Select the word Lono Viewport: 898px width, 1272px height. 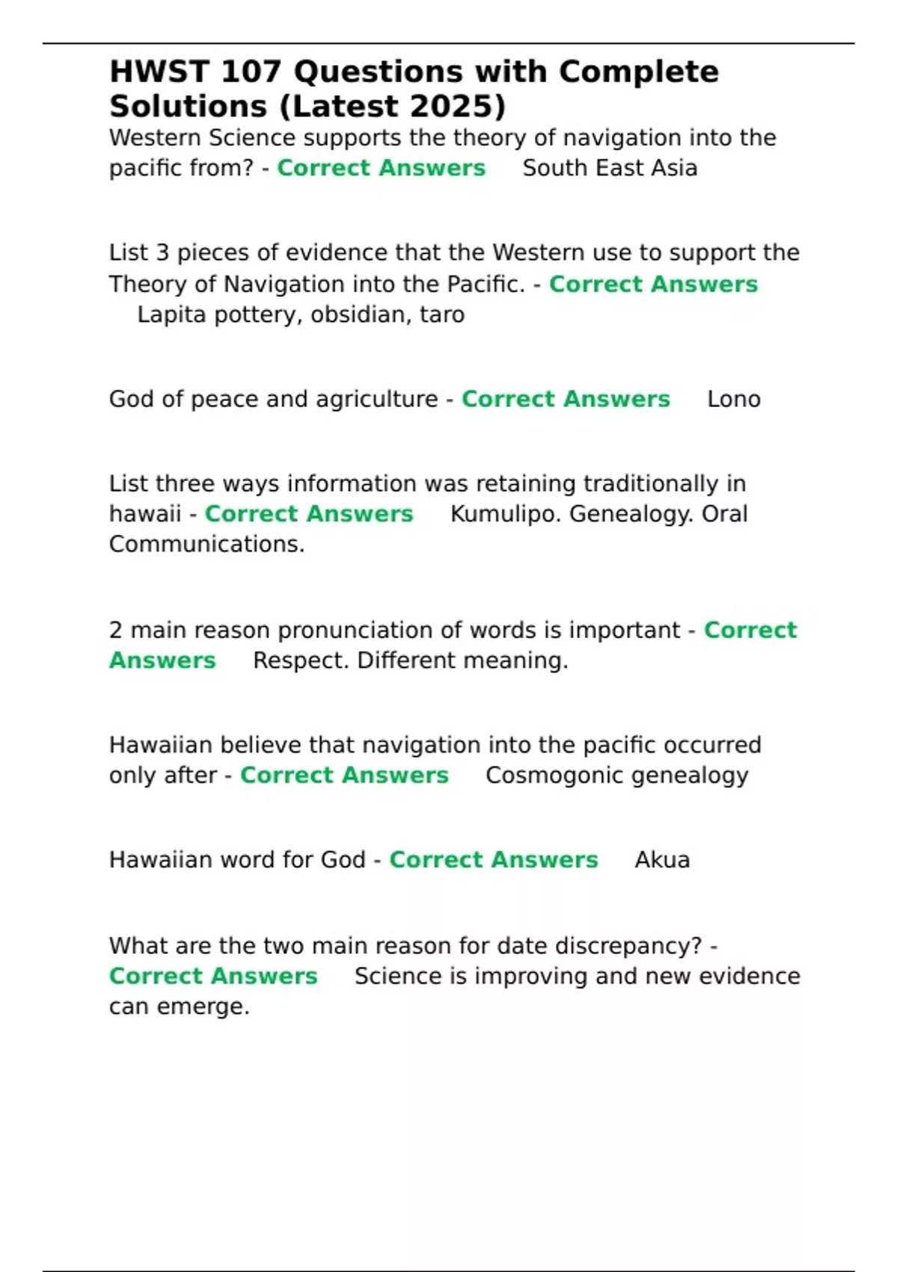733,400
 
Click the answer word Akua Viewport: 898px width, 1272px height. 662,860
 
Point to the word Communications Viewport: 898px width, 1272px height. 207,544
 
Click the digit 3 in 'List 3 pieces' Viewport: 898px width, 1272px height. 162,253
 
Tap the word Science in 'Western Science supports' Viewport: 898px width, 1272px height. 252,138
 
